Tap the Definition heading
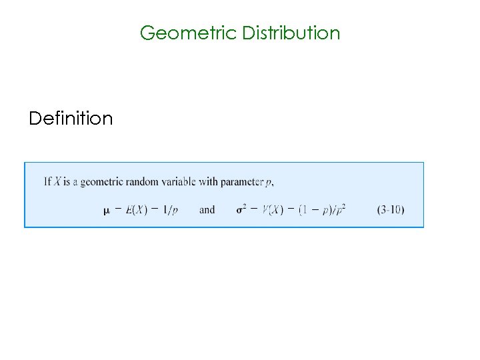(x=71, y=119)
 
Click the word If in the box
(x=47, y=181)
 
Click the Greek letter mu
(x=107, y=210)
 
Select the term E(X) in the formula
(x=136, y=209)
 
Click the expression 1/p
(x=171, y=210)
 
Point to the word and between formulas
(x=207, y=209)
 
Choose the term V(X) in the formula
(x=273, y=209)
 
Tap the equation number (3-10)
(x=390, y=209)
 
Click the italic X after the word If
(x=58, y=181)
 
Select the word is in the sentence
(x=68, y=181)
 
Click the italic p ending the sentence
(x=270, y=182)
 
